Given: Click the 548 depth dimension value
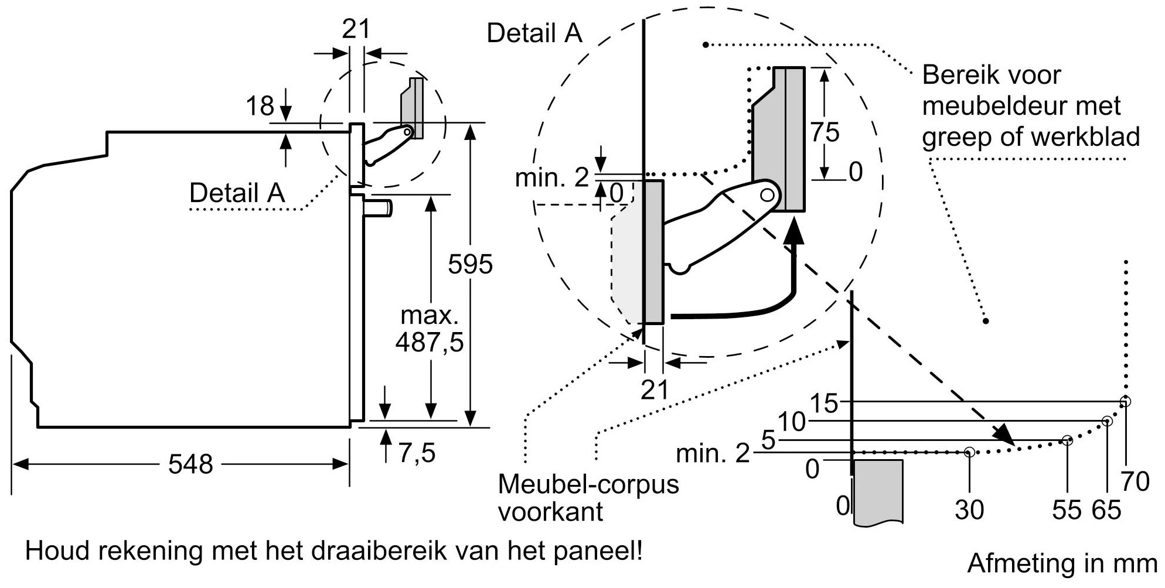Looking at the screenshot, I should [190, 464].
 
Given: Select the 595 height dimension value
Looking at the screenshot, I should [470, 265].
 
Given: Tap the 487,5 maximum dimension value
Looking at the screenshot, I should [429, 342].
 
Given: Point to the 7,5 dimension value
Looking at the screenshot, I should [417, 453].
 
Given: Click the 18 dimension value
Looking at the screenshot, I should [260, 107].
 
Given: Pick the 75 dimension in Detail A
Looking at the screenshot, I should [825, 132].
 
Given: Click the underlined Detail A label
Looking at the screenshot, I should [237, 193].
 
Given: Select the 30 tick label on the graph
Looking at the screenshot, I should [969, 510].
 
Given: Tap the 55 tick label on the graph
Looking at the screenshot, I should [1066, 510].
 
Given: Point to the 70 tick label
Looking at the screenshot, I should [1135, 482].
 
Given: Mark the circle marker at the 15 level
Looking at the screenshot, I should [1125, 402].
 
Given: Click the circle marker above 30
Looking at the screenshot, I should [969, 452].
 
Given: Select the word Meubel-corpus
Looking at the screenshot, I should [588, 485].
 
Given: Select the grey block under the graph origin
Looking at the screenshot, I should [877, 491].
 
